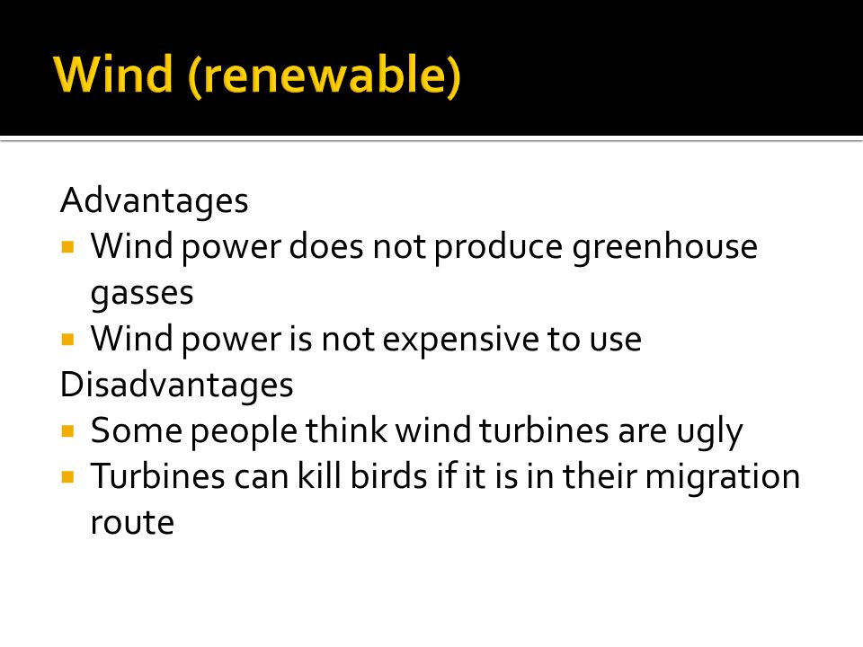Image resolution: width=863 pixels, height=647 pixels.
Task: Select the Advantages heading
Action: coord(154,201)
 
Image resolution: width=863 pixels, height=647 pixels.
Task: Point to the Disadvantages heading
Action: coord(176,385)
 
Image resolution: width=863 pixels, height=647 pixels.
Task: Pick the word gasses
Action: coord(142,294)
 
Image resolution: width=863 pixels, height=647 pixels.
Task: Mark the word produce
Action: coord(498,247)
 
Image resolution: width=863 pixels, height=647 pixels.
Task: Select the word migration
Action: coord(722,477)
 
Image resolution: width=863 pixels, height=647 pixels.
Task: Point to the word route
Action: coord(132,523)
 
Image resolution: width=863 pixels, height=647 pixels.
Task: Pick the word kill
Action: coord(319,475)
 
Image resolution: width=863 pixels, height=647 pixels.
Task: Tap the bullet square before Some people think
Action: coord(67,430)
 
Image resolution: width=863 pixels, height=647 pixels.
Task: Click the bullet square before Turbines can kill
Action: coord(67,476)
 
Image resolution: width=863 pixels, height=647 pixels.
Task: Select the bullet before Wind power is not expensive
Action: coord(67,339)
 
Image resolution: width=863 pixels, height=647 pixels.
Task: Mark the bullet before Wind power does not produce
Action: coord(67,246)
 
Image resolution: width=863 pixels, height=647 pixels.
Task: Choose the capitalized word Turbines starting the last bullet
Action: coord(158,475)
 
